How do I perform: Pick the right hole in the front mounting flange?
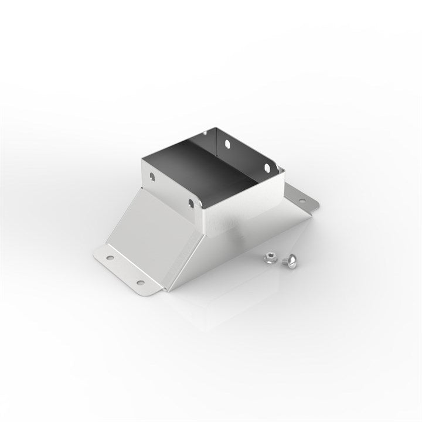point(140,283)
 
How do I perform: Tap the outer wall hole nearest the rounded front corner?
point(190,203)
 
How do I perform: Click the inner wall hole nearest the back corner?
point(225,142)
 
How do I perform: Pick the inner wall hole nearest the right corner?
point(267,168)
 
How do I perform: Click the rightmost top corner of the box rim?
point(284,170)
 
